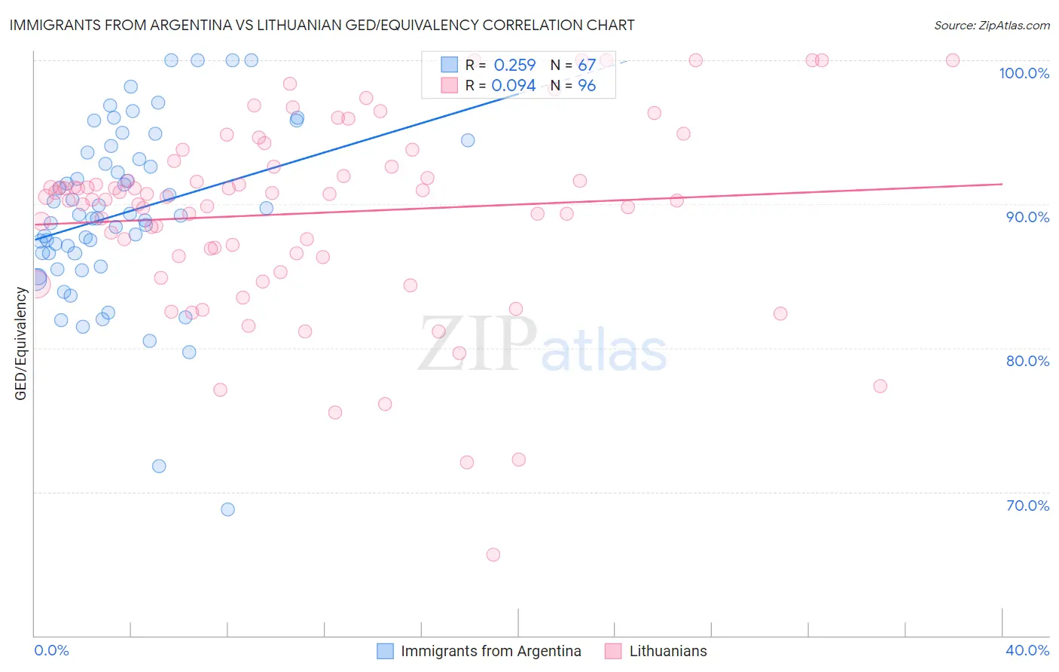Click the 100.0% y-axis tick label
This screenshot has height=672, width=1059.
[x=1024, y=73]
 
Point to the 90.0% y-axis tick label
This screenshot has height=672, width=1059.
[x=1027, y=217]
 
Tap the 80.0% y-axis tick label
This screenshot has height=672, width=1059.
[x=1027, y=361]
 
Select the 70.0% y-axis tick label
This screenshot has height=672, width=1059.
[x=1027, y=506]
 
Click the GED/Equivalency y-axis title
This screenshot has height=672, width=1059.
[x=21, y=344]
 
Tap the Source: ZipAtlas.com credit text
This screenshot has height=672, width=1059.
[x=991, y=26]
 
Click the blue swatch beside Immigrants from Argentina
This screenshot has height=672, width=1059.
[x=385, y=651]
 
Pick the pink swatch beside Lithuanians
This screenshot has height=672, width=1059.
[x=613, y=651]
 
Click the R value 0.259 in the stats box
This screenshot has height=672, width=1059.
[x=514, y=66]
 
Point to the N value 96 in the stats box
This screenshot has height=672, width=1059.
[x=587, y=86]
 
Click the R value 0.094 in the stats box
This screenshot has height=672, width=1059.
[x=514, y=86]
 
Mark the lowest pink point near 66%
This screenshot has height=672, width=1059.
[x=493, y=554]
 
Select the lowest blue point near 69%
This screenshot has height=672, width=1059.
[x=227, y=509]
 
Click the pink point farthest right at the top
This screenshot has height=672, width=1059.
[x=953, y=60]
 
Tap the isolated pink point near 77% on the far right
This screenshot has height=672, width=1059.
[x=880, y=386]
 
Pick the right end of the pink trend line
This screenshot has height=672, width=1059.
[x=1003, y=184]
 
